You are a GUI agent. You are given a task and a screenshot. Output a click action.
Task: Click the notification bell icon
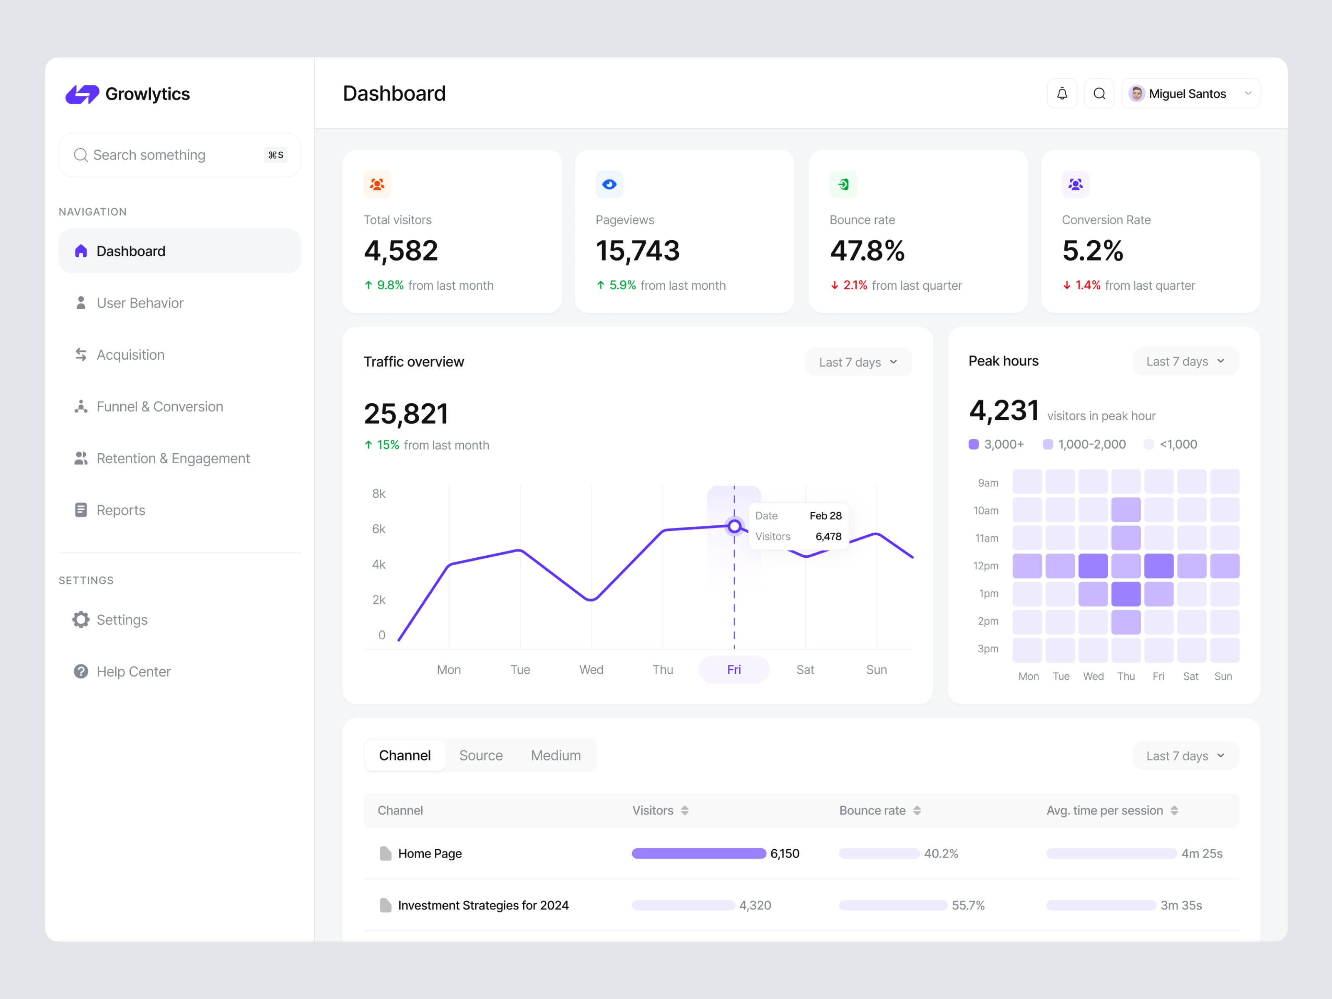point(1061,93)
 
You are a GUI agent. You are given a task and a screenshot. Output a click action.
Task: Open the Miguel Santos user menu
point(1190,93)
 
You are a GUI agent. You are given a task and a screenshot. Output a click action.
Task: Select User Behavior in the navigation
point(140,303)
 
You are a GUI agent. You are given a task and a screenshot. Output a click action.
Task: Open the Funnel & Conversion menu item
point(159,406)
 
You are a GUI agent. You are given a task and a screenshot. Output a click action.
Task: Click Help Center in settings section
point(133,671)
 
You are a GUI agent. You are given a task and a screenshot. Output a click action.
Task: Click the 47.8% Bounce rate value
point(867,251)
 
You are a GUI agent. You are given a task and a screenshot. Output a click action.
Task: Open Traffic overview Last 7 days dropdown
point(858,362)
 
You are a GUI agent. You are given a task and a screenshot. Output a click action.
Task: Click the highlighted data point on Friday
point(734,526)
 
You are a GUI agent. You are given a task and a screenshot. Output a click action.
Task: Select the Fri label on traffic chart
point(733,670)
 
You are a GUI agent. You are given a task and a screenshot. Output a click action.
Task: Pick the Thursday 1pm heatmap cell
point(1126,594)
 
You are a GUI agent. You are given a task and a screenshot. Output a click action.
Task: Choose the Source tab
point(480,755)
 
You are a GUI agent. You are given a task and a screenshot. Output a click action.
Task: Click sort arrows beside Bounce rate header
point(917,810)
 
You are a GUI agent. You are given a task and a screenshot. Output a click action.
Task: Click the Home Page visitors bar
point(698,853)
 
